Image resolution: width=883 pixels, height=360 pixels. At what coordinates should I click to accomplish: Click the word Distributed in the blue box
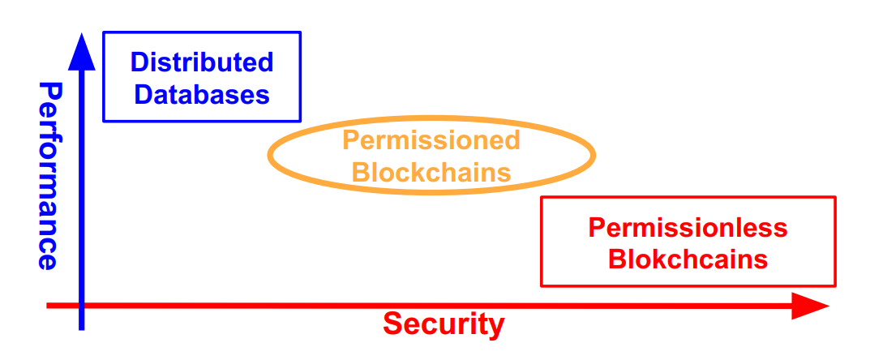[202, 62]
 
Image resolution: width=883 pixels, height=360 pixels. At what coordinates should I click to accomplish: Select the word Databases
[202, 94]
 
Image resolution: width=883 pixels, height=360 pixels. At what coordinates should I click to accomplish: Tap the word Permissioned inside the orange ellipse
[431, 140]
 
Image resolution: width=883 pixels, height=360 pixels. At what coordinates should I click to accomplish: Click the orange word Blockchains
[433, 172]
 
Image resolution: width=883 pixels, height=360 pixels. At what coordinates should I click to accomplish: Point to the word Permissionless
[688, 228]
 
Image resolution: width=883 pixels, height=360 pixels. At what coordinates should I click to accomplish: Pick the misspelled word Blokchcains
[688, 259]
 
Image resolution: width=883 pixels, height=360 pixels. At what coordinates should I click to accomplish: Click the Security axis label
[444, 324]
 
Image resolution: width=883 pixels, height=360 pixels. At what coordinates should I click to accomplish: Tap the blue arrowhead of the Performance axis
[82, 50]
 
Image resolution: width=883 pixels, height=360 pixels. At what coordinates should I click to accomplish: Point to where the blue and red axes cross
[82, 306]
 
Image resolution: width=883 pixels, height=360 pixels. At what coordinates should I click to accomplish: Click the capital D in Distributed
[139, 62]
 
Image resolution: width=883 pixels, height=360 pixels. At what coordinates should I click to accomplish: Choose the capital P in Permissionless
[596, 228]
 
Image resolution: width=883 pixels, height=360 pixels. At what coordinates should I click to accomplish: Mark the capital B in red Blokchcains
[616, 259]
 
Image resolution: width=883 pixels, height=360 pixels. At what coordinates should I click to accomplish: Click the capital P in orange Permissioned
[349, 140]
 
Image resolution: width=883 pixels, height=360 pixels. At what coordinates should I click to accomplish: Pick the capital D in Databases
[143, 94]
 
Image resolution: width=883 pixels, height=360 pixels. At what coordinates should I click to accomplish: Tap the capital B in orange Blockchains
[362, 172]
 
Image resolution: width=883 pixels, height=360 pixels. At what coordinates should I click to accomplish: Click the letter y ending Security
[496, 327]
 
